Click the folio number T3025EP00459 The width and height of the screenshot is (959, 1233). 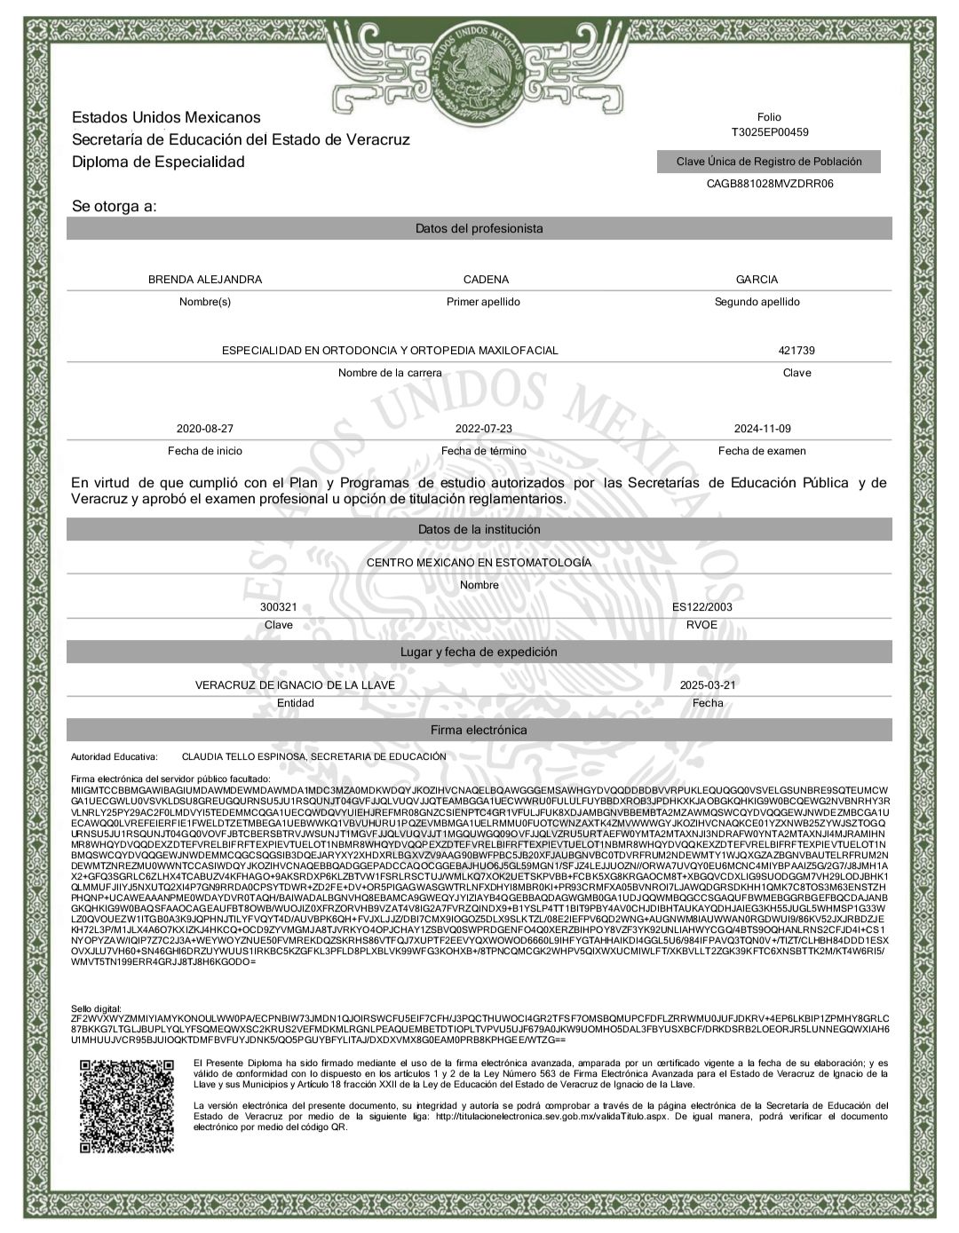coord(769,132)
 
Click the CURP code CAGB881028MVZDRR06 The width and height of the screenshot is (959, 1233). coord(769,184)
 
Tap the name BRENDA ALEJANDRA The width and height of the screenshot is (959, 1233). coord(205,280)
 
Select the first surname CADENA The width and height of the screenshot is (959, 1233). coord(486,280)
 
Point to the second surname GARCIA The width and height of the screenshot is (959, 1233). coord(757,280)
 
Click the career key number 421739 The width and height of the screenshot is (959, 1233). coord(797,351)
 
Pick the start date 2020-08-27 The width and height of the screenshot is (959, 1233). coord(205,429)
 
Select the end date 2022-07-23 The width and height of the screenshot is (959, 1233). coord(483,429)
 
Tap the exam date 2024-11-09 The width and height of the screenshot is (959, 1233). coord(762,429)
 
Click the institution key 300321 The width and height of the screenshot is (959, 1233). coord(278,607)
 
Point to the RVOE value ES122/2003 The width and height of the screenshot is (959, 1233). coord(702,607)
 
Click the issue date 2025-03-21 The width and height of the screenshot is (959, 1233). coord(708,685)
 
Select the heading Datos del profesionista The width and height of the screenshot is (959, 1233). coord(479,229)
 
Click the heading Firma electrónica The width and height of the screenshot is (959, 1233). coord(479,730)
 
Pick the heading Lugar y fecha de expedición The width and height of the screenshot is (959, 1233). coord(479,652)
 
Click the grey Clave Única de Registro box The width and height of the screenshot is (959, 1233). coord(769,162)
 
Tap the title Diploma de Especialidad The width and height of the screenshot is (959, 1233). coord(158,162)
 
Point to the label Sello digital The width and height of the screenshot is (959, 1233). coord(96,1009)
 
